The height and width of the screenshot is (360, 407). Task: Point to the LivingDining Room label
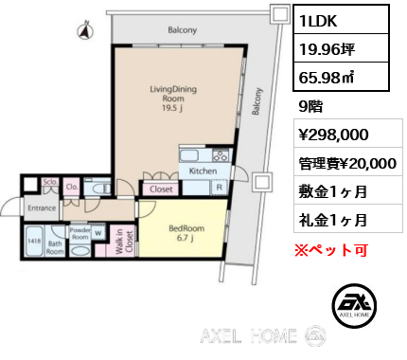(170, 97)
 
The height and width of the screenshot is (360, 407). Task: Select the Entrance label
(43, 207)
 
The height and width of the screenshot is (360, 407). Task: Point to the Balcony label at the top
(183, 30)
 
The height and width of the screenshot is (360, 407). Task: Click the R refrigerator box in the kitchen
(220, 187)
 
